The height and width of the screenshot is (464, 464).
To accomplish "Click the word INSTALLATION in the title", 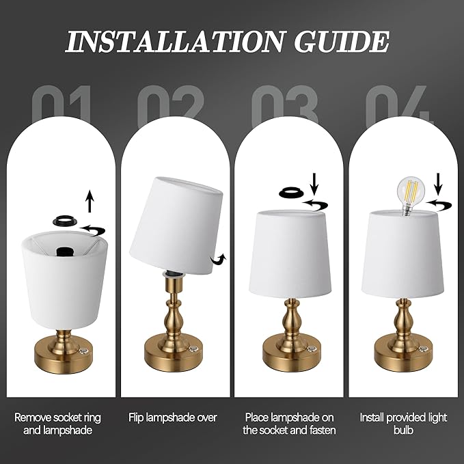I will click(x=174, y=42).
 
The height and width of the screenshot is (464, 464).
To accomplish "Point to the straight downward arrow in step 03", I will click(x=314, y=183).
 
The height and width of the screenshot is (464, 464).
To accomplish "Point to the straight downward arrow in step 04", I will click(x=439, y=183).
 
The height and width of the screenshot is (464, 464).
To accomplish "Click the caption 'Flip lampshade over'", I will click(x=174, y=418).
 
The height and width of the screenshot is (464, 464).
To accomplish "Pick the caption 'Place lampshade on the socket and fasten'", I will click(x=289, y=423).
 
